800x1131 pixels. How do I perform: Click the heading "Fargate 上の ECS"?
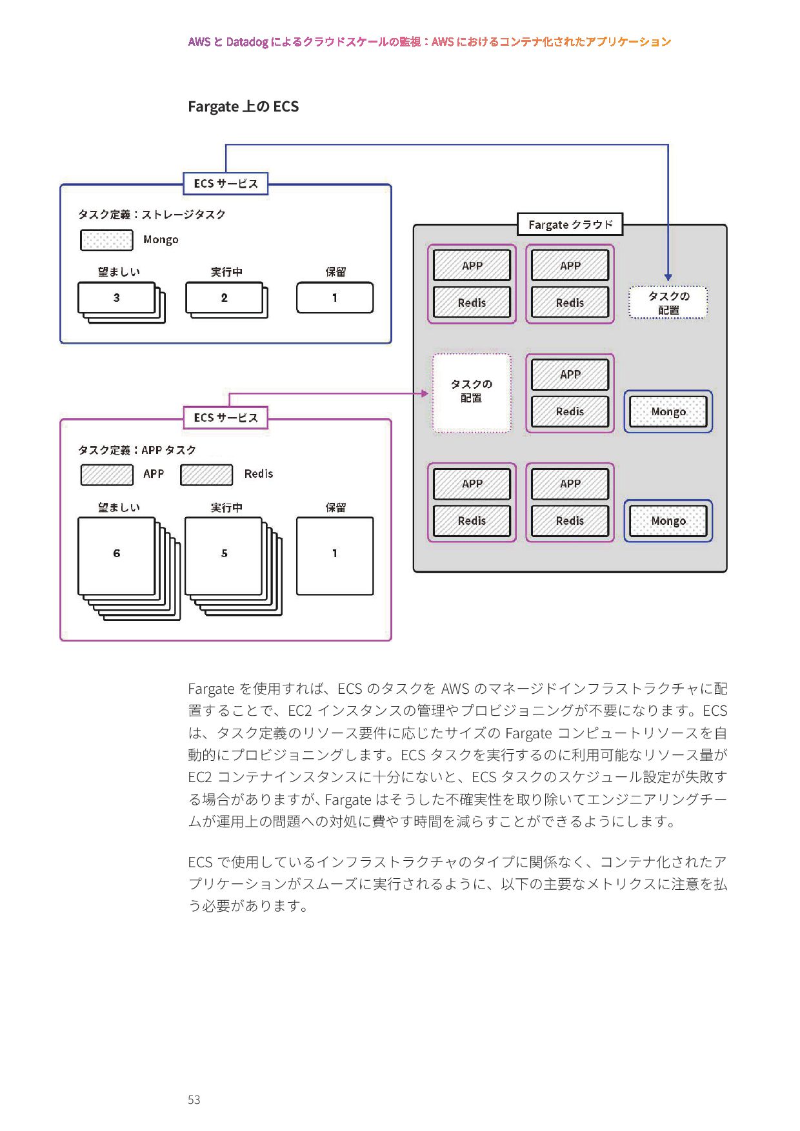243,106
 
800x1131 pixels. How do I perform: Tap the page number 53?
194,1099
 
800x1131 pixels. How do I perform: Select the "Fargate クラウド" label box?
570,224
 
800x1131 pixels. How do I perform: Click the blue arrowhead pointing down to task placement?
668,277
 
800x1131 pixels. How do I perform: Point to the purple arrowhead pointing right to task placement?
425,393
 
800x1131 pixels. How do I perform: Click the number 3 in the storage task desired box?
117,298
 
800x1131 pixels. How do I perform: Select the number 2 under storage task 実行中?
224,298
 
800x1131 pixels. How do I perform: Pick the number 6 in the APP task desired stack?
117,553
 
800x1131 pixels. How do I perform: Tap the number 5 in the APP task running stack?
224,553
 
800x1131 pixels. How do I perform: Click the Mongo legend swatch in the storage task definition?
106,240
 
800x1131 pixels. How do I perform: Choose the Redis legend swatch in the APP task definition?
206,475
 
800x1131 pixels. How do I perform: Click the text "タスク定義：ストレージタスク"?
152,215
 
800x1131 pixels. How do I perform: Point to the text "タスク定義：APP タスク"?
137,450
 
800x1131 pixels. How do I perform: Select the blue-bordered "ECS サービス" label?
226,184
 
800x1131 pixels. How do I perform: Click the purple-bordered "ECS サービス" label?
226,418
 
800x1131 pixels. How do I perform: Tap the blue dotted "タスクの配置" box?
668,302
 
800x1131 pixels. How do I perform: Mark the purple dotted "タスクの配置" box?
472,392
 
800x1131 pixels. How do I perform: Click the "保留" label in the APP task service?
335,507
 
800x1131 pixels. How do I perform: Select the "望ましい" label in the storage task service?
119,272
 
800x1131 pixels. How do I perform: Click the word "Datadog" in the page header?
247,42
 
